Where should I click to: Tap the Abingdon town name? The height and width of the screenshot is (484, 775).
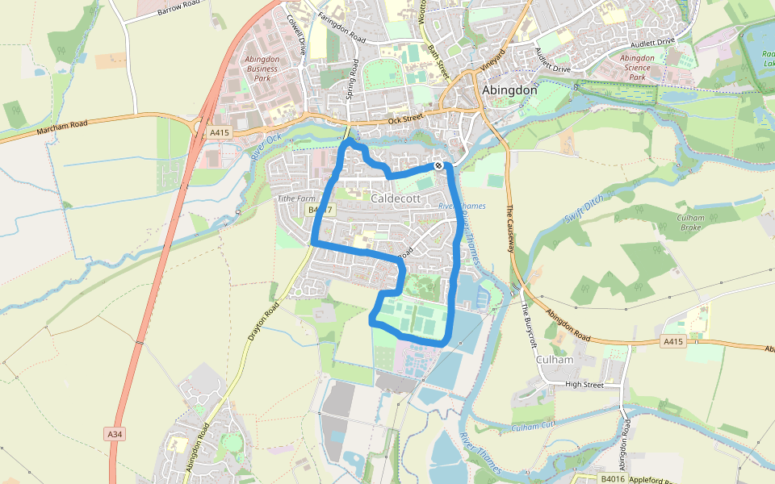[509, 90]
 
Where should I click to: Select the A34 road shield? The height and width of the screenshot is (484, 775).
[115, 434]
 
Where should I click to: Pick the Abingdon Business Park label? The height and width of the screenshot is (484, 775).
[261, 69]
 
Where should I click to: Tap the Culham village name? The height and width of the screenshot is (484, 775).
[554, 359]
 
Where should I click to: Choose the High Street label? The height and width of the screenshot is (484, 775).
[584, 385]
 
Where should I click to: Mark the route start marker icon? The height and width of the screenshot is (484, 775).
[438, 165]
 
